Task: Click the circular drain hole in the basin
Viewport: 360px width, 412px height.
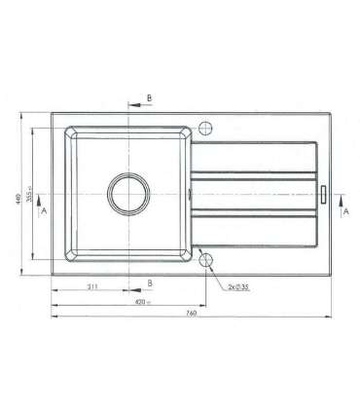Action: (127, 193)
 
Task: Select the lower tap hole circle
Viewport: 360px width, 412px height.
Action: (204, 257)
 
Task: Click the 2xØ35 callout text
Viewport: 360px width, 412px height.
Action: (237, 287)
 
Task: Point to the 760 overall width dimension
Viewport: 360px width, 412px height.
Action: (192, 314)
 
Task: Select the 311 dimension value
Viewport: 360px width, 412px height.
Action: (91, 287)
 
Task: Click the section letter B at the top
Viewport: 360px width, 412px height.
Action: (149, 98)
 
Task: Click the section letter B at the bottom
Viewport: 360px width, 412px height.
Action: (149, 281)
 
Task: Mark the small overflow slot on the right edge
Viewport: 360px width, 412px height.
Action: (324, 193)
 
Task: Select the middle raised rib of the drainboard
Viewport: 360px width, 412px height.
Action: (255, 193)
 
